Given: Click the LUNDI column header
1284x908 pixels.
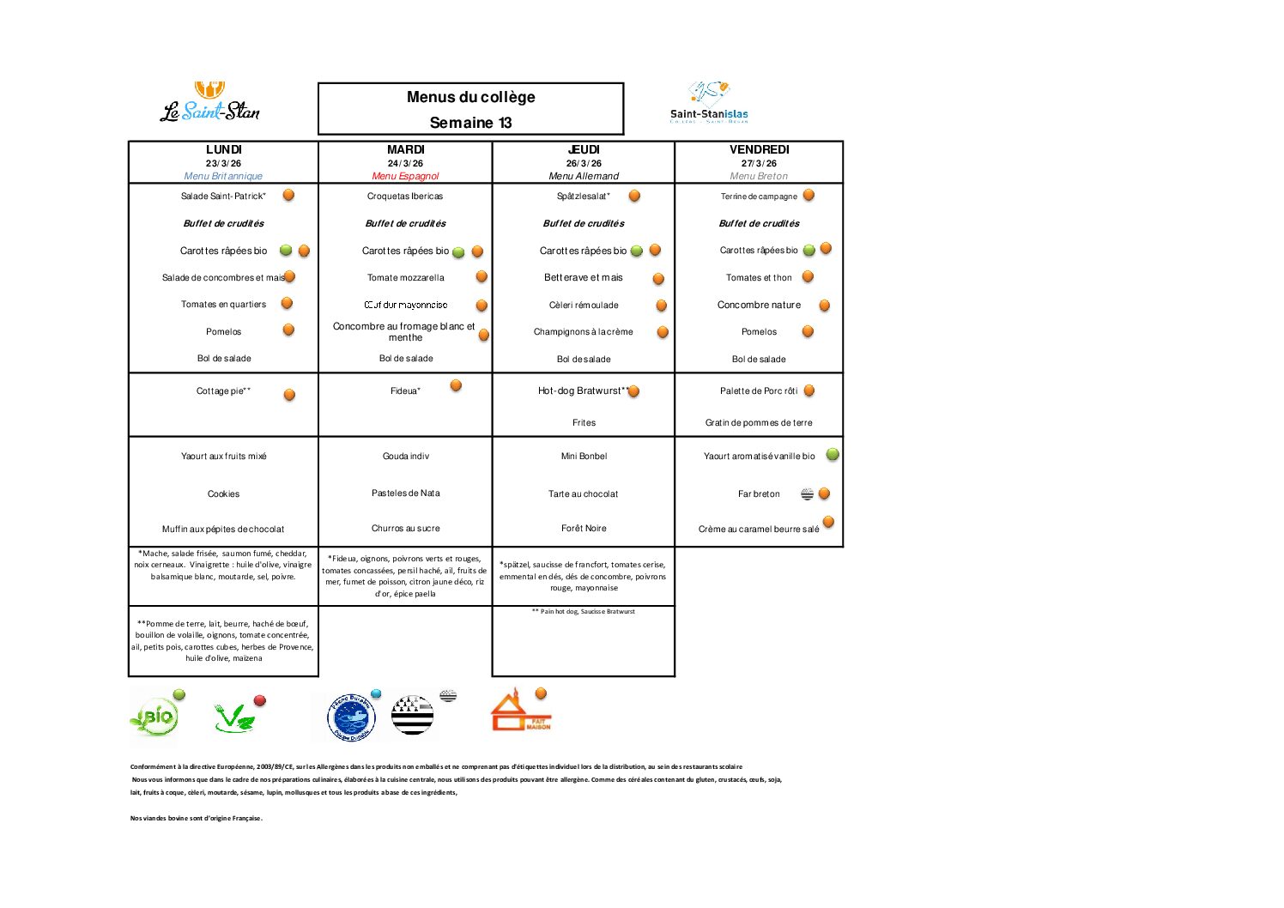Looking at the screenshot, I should point(223,149).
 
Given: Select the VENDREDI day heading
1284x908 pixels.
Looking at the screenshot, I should point(759,149).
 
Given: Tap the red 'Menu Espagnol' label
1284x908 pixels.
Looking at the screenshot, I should point(405,176).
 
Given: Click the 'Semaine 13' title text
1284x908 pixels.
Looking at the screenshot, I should point(470,123).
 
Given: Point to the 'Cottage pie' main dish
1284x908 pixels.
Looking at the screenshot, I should point(223,391).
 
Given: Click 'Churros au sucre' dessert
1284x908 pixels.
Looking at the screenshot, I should point(405,529).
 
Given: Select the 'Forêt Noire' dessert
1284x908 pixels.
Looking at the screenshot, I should point(584,529).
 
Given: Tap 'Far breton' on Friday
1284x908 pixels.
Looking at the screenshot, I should point(759,494).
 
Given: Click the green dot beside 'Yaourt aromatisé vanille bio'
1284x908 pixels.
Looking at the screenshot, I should point(832,455).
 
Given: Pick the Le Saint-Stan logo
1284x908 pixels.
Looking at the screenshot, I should point(210,104).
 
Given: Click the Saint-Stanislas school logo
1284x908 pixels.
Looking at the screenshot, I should point(709,103).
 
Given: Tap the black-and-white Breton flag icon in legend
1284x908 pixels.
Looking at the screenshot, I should point(413,715).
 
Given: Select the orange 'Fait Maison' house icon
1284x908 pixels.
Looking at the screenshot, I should point(518,713).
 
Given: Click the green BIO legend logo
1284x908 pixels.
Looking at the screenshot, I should point(155,717).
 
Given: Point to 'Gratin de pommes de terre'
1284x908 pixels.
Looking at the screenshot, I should point(759,423).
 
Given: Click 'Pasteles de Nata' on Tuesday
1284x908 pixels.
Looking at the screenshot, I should point(405,493).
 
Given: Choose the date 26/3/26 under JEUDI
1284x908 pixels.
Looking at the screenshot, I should point(584,163).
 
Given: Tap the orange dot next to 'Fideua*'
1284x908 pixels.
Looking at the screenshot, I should point(456,385).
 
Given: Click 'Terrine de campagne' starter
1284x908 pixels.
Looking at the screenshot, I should point(759,197).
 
